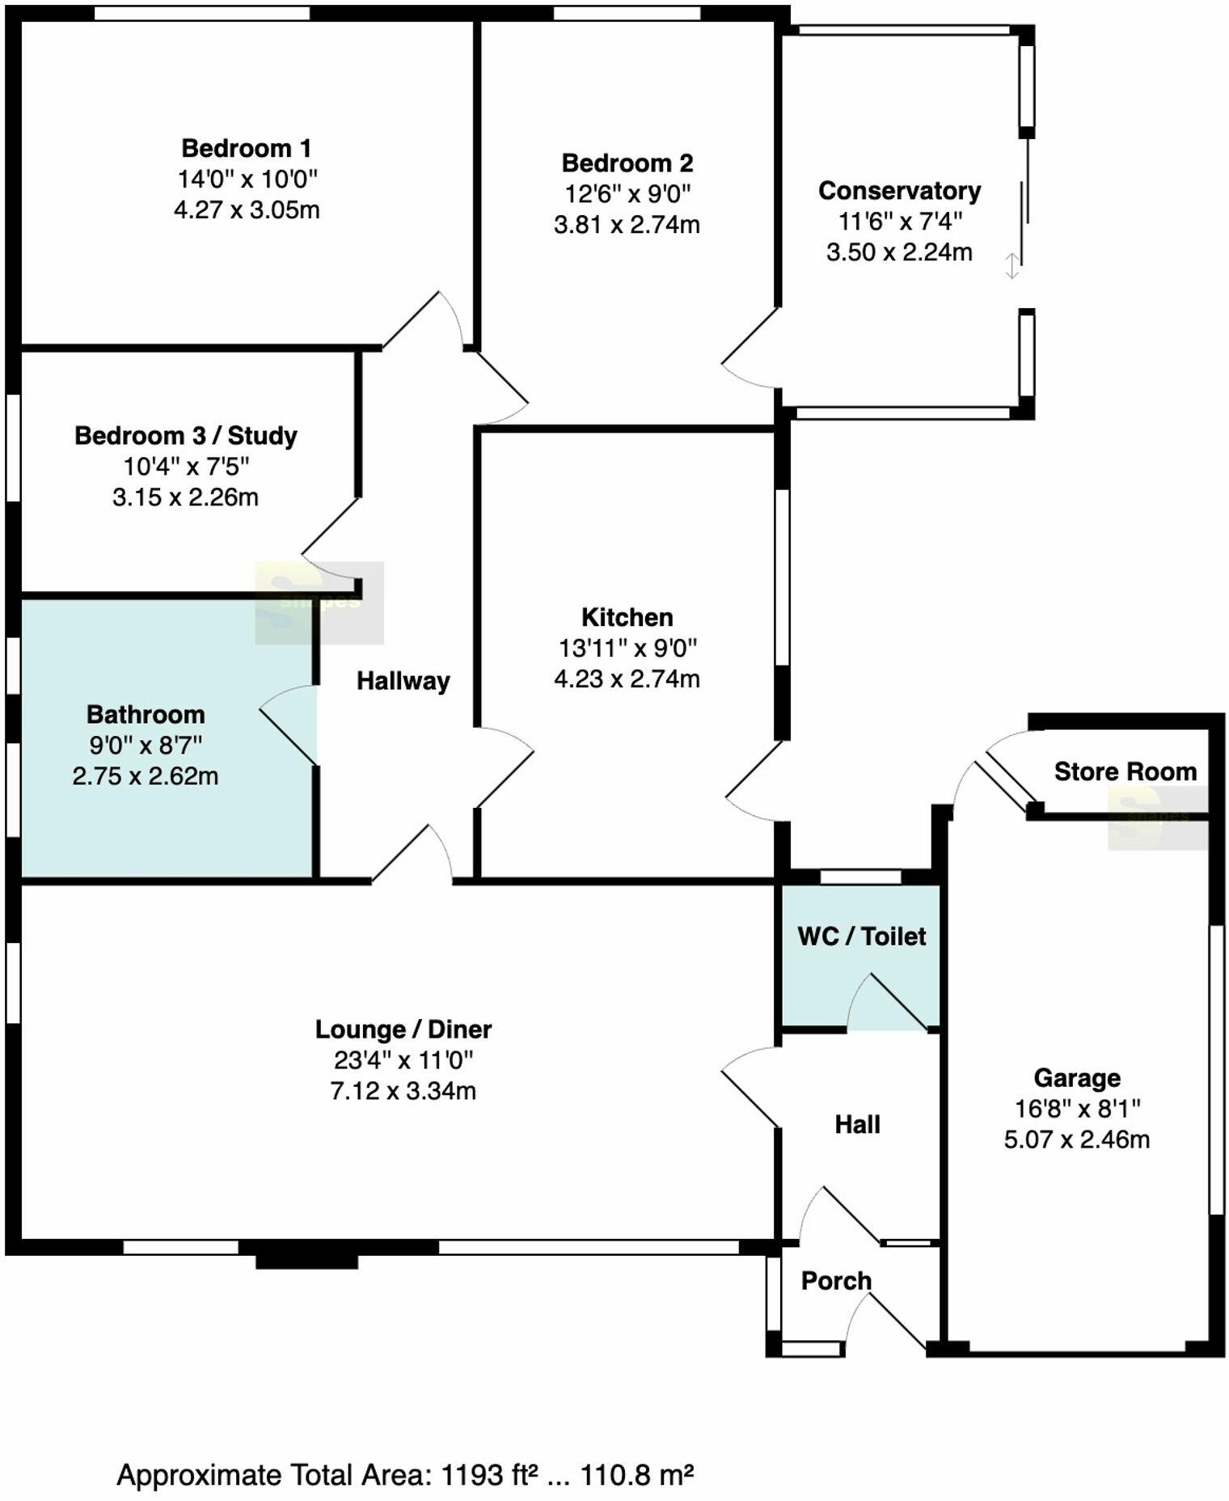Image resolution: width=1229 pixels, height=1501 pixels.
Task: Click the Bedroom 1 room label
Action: [x=246, y=149]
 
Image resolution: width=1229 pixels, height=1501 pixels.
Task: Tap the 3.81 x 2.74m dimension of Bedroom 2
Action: [x=627, y=225]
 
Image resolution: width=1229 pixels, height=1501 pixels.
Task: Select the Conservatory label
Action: [x=899, y=191]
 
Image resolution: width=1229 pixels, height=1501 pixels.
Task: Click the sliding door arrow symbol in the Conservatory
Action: [x=1011, y=266]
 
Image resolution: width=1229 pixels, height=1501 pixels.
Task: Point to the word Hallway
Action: [x=403, y=681]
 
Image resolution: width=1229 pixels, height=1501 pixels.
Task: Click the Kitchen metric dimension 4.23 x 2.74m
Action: [x=627, y=679]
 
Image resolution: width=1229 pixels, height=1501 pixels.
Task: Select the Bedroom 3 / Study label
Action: [x=186, y=436]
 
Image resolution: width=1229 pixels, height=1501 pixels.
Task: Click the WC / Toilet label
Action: [x=861, y=937]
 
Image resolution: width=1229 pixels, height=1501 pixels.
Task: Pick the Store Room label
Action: [x=1125, y=772]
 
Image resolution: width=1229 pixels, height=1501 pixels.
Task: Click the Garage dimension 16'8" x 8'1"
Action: [x=1077, y=1109]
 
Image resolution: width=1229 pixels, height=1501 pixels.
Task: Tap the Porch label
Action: [x=836, y=1280]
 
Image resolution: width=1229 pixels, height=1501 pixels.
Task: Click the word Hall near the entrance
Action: [x=857, y=1124]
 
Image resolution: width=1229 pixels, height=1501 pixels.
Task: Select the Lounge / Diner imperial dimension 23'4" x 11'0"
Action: [x=403, y=1060]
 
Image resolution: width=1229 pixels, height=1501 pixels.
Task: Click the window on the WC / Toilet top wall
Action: [x=860, y=877]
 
